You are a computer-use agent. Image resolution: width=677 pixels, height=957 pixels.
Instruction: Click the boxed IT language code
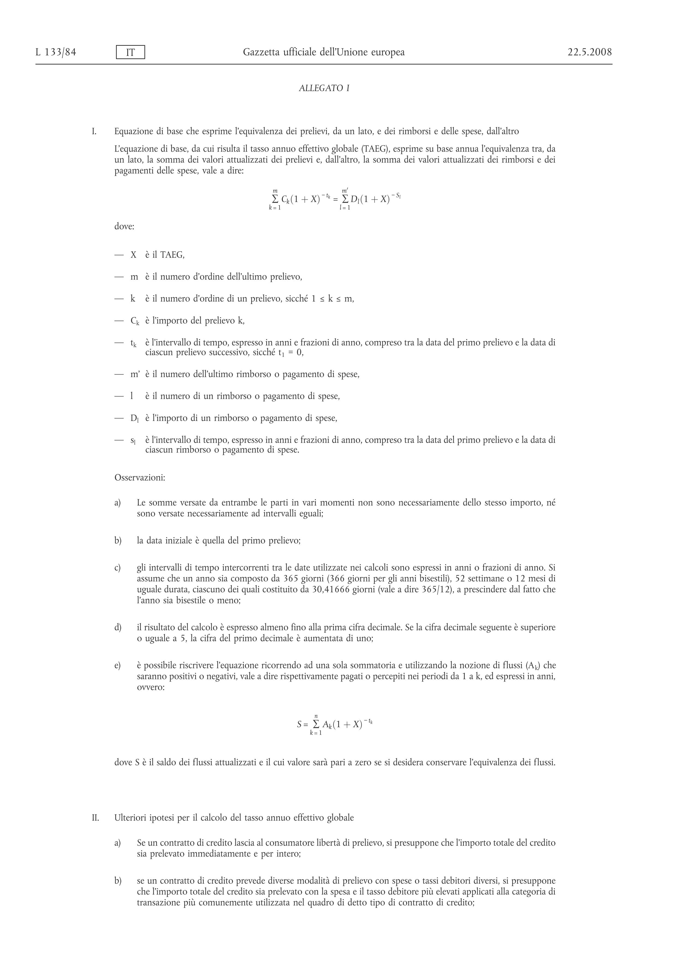coord(130,53)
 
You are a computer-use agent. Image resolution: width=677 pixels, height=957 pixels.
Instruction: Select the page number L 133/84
coord(56,52)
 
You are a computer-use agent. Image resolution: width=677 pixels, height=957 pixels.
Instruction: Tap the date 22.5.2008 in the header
coord(589,52)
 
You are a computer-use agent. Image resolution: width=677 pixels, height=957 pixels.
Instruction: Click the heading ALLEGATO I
coord(324,88)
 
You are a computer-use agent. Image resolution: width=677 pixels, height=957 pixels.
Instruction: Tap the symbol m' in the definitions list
coord(135,374)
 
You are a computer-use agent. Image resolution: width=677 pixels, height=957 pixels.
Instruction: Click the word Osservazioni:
coord(140,478)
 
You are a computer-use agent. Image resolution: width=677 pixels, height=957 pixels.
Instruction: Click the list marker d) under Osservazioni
coord(118,627)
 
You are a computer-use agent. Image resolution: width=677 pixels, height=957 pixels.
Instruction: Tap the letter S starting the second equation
coord(299,724)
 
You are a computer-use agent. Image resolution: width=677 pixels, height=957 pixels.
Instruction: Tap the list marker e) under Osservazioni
coord(118,666)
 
